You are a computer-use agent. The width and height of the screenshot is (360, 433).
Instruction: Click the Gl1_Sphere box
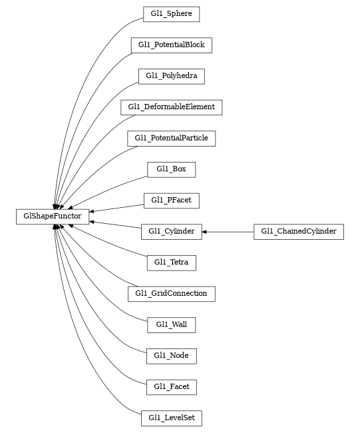(x=171, y=14)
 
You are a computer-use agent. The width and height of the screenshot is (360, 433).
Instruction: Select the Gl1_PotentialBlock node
(x=171, y=45)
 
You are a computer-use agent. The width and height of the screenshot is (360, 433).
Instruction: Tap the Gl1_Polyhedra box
(x=171, y=76)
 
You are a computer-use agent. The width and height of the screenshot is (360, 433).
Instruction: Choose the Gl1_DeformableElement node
(x=171, y=107)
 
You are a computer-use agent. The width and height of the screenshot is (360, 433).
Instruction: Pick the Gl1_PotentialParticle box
(x=171, y=138)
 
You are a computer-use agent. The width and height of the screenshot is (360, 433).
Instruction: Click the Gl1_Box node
(x=171, y=169)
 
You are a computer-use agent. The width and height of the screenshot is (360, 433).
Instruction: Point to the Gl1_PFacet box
(x=171, y=200)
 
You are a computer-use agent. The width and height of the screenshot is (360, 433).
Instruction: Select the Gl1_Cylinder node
(x=171, y=232)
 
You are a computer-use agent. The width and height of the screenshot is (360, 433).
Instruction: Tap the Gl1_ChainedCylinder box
(x=299, y=232)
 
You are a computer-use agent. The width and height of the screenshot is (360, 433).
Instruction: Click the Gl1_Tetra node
(x=171, y=262)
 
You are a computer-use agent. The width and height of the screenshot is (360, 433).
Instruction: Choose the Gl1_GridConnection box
(x=171, y=293)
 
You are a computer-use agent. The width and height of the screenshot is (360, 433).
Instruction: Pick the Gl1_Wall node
(x=171, y=324)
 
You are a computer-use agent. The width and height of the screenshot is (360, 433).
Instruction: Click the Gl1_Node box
(x=171, y=356)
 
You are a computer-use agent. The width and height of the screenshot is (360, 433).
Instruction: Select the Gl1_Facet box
(x=171, y=386)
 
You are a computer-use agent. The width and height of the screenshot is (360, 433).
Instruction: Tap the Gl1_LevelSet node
(x=171, y=418)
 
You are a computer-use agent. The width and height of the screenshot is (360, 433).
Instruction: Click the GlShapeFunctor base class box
(x=53, y=217)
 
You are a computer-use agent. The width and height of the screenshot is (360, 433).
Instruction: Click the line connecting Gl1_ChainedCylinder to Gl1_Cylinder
(x=230, y=232)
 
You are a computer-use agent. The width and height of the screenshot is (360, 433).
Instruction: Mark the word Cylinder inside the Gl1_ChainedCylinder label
(x=321, y=232)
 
